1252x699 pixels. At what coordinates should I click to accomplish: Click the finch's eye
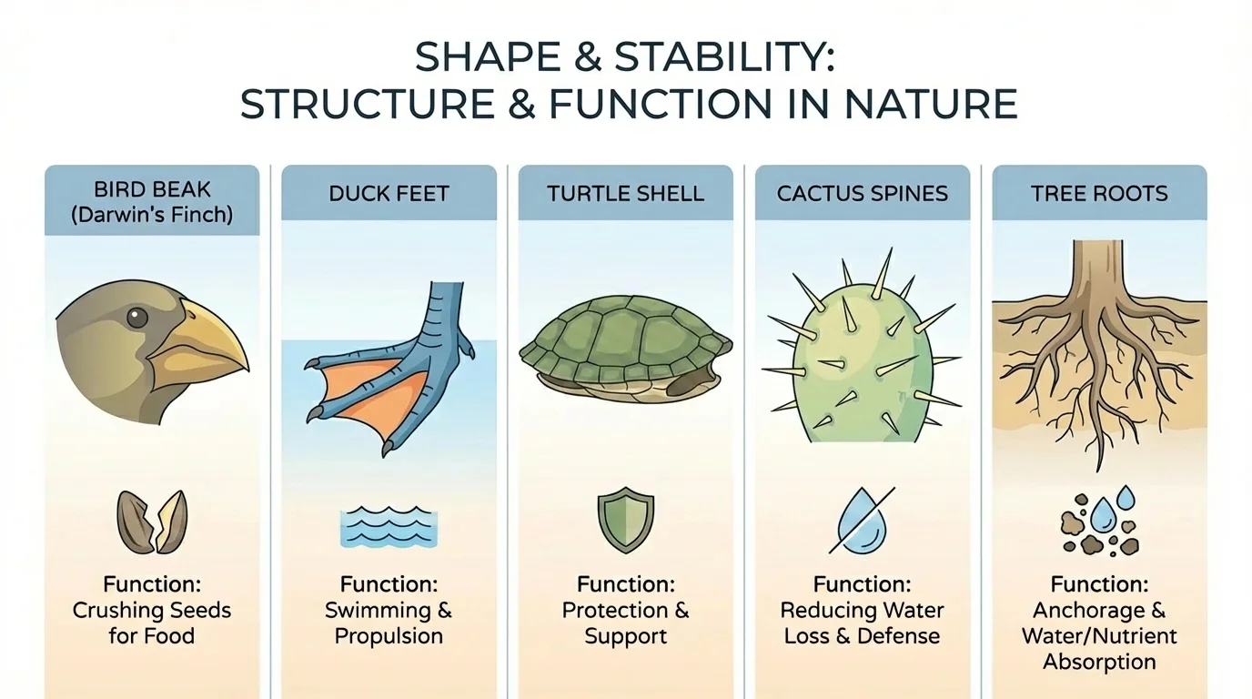click(x=136, y=318)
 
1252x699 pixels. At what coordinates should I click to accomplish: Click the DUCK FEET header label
click(x=389, y=193)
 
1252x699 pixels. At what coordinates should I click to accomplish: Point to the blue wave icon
click(x=389, y=527)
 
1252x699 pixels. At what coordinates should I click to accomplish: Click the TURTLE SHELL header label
click(x=625, y=193)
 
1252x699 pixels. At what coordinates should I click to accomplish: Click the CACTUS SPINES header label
click(x=862, y=193)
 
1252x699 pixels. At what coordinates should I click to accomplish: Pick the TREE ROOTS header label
click(x=1099, y=193)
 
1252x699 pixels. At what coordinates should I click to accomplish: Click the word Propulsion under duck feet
click(x=389, y=635)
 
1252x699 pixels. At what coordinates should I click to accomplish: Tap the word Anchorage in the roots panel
click(x=1099, y=610)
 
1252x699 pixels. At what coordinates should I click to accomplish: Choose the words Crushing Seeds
click(x=152, y=610)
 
